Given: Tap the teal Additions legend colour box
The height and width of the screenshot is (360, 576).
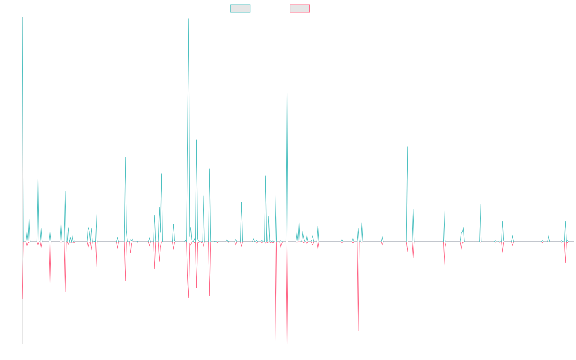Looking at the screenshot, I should click(x=240, y=9).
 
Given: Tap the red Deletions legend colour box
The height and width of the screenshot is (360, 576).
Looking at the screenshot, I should click(x=300, y=9).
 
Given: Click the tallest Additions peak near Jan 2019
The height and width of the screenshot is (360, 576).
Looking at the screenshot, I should click(x=189, y=19).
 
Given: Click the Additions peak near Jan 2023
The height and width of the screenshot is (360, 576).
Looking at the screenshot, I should click(x=407, y=147).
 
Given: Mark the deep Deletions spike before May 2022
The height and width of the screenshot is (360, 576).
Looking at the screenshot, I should click(x=358, y=331).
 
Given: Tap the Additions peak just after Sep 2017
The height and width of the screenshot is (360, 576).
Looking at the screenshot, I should click(x=125, y=157).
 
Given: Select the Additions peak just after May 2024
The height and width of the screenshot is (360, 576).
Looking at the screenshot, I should click(x=480, y=205).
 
